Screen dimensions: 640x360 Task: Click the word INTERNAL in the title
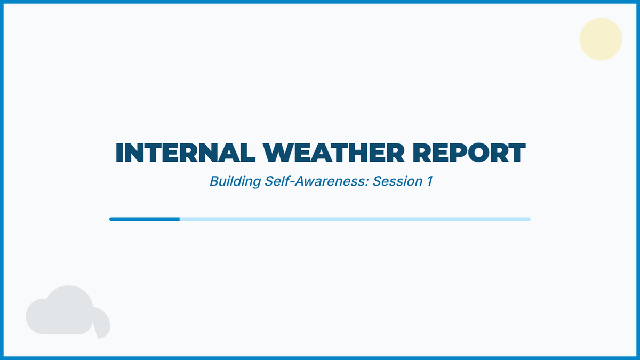tap(186, 153)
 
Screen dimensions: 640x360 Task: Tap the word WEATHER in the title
tap(334, 153)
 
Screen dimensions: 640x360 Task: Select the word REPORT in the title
tap(469, 153)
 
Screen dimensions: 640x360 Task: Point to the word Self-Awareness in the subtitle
tap(317, 181)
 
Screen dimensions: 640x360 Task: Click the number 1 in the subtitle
tap(430, 181)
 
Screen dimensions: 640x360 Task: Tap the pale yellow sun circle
tap(601, 39)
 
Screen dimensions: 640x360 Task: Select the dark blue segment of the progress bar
tap(145, 219)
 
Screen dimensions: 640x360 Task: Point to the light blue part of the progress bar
tap(355, 219)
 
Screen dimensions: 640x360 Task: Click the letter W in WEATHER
tap(278, 153)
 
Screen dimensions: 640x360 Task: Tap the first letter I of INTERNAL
tap(119, 153)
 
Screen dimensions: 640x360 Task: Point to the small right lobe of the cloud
tap(102, 323)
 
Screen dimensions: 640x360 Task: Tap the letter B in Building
tap(214, 181)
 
